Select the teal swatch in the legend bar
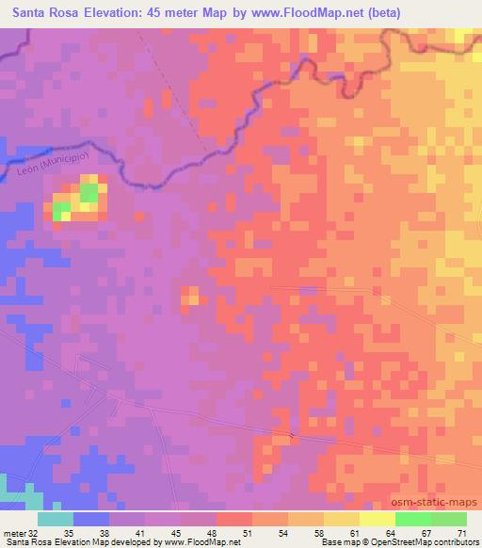pyautogui.click(x=56, y=519)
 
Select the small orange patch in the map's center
pyautogui.click(x=189, y=296)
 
